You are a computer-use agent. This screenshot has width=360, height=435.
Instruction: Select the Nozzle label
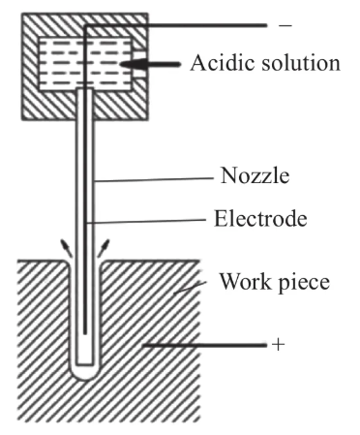pyautogui.click(x=255, y=176)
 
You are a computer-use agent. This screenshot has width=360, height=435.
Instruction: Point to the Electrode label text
pyautogui.click(x=260, y=219)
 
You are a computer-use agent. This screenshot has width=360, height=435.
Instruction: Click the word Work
pyautogui.click(x=245, y=282)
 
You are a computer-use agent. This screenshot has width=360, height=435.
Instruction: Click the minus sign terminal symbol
pyautogui.click(x=285, y=25)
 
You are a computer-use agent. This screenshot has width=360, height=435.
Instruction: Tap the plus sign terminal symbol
pyautogui.click(x=279, y=345)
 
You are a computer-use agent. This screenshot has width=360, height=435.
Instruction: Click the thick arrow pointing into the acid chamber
pyautogui.click(x=150, y=65)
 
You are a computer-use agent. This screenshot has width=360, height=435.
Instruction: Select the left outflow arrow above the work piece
pyautogui.click(x=66, y=248)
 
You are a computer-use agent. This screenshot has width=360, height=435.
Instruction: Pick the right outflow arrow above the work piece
pyautogui.click(x=104, y=248)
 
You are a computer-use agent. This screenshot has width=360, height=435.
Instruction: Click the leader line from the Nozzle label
pyautogui.click(x=154, y=179)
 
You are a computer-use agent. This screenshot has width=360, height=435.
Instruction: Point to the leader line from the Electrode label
pyautogui.click(x=146, y=221)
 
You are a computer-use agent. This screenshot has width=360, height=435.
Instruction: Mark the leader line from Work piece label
pyautogui.click(x=191, y=288)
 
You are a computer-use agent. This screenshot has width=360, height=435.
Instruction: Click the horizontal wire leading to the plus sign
pyautogui.click(x=205, y=345)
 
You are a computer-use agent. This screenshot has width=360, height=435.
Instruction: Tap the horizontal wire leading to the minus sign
pyautogui.click(x=176, y=25)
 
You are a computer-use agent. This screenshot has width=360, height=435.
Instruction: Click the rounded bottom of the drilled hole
pyautogui.click(x=85, y=375)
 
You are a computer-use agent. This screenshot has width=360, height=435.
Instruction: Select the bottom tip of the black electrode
pyautogui.click(x=85, y=333)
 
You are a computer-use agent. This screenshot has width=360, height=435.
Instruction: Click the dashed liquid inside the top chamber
pyautogui.click(x=85, y=63)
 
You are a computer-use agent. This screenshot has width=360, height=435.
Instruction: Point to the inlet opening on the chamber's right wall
pyautogui.click(x=139, y=64)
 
